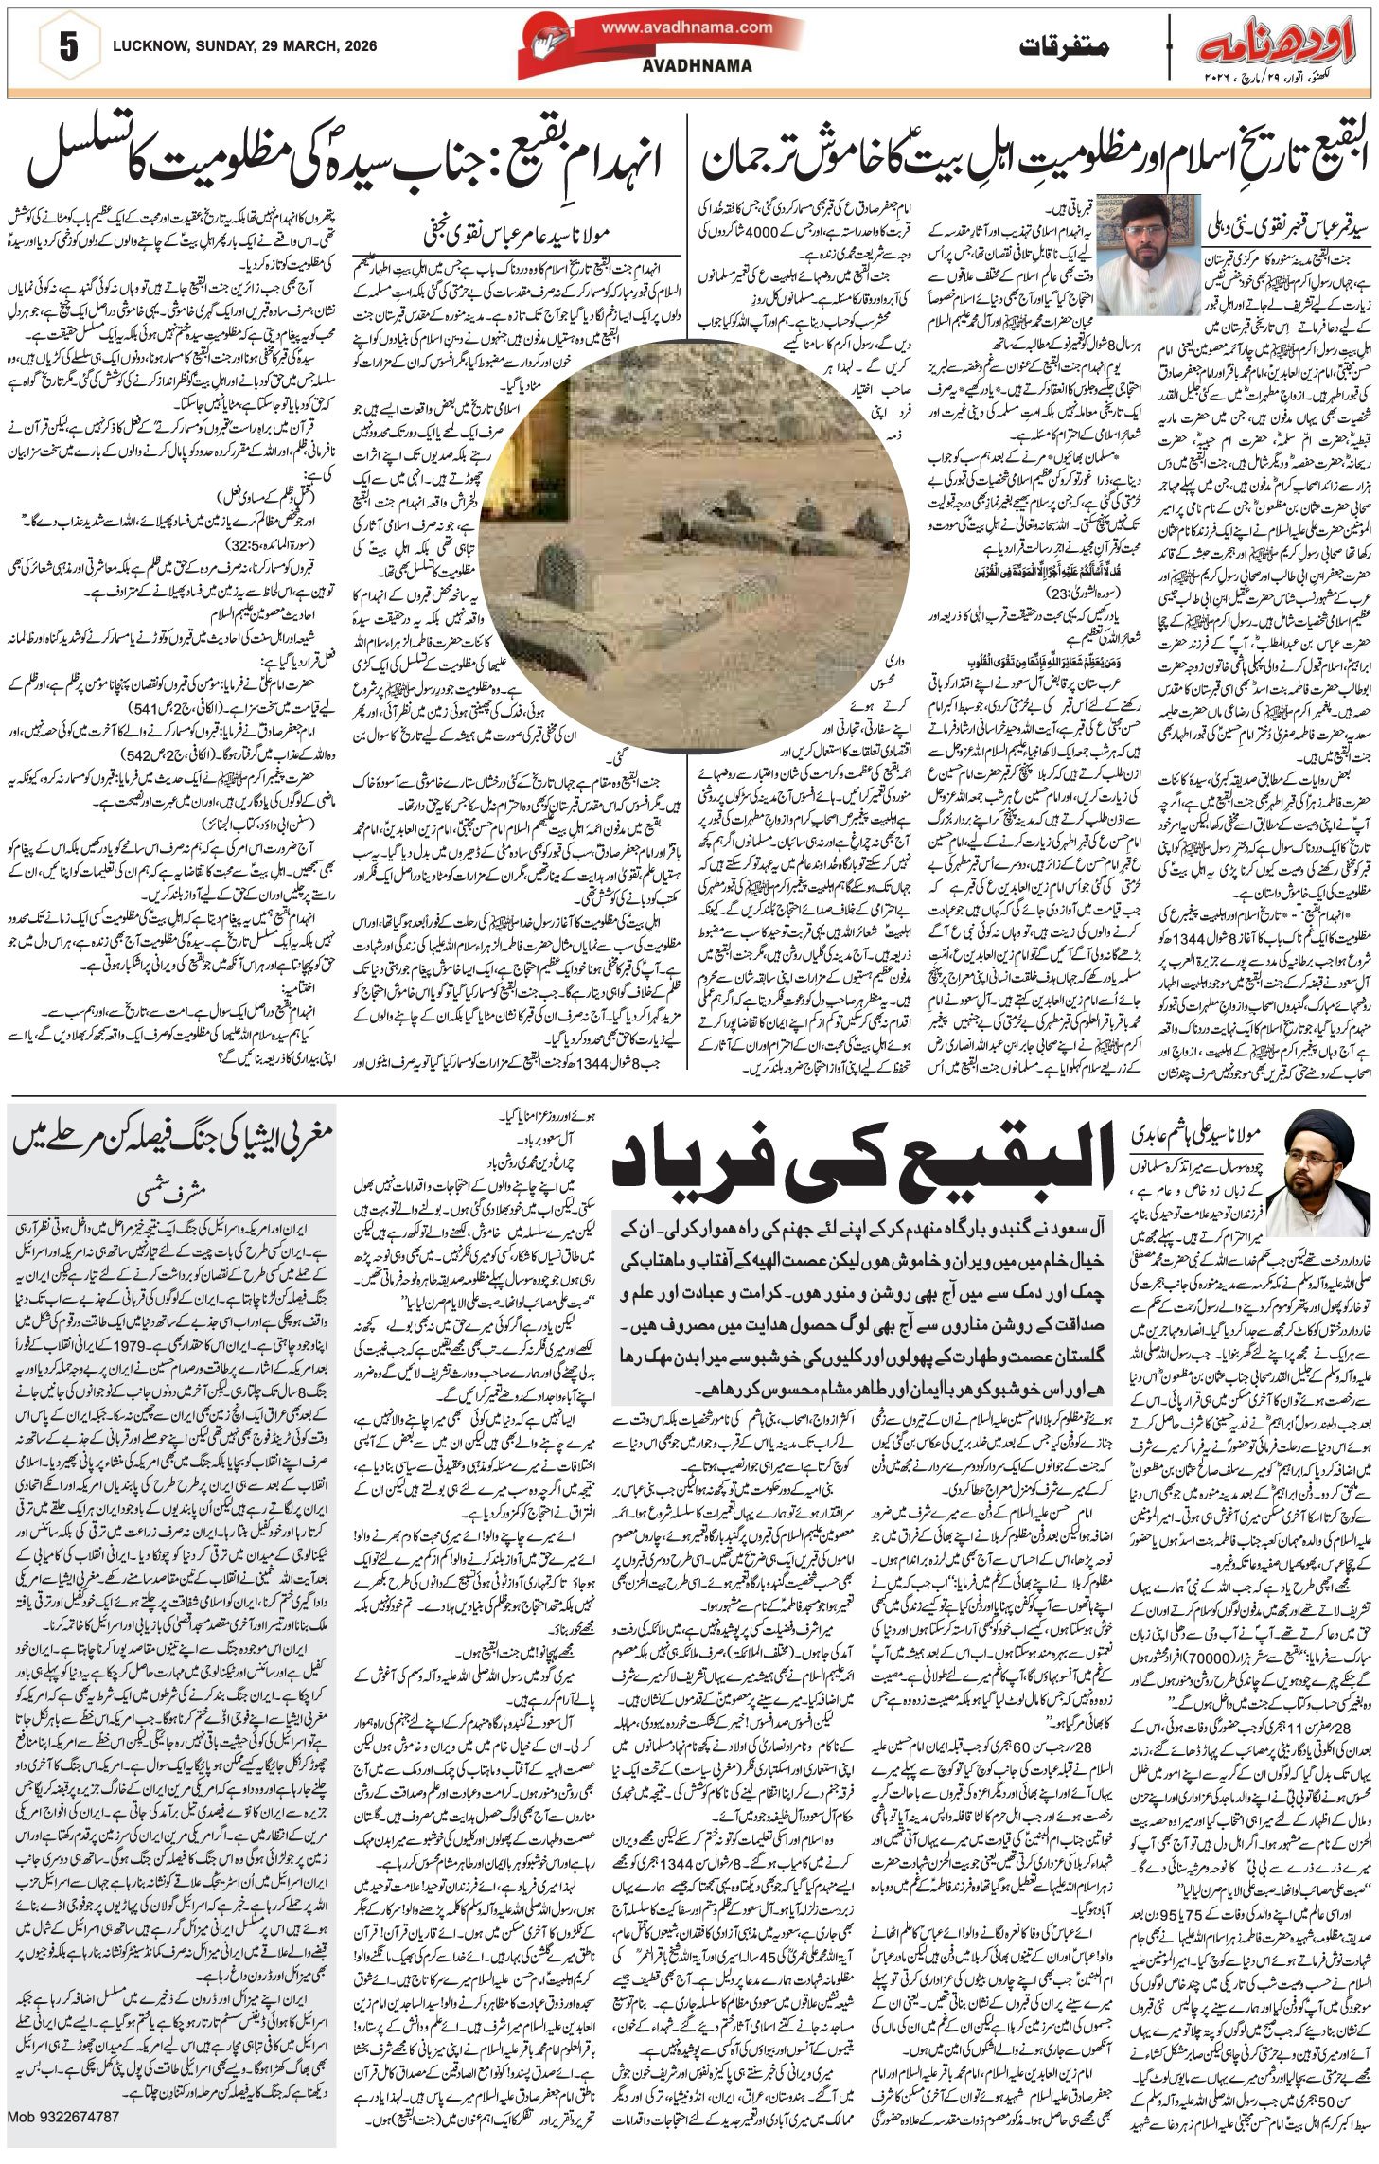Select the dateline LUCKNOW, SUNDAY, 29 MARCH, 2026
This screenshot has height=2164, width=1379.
[243, 45]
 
